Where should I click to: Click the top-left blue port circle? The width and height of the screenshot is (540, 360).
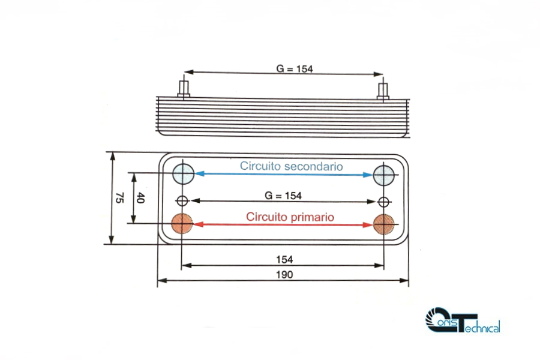point(183,174)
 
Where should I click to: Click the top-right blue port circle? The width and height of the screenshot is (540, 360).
point(384,175)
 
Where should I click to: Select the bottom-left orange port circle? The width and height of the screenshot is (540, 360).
point(182,224)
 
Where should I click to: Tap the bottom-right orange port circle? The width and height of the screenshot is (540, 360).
point(384,224)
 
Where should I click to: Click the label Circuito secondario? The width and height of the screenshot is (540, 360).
point(291,166)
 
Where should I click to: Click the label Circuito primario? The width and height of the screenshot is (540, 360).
point(290,217)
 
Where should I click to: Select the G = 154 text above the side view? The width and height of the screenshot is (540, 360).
point(295,69)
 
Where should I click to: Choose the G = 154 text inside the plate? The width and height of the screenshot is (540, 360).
point(283,196)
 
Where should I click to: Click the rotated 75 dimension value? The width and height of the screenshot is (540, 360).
point(119,198)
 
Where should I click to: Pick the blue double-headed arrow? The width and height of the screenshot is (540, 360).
point(284,175)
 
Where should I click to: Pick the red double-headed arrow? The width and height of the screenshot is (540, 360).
point(284,224)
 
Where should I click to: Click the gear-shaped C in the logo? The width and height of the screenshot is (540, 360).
point(437,320)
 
